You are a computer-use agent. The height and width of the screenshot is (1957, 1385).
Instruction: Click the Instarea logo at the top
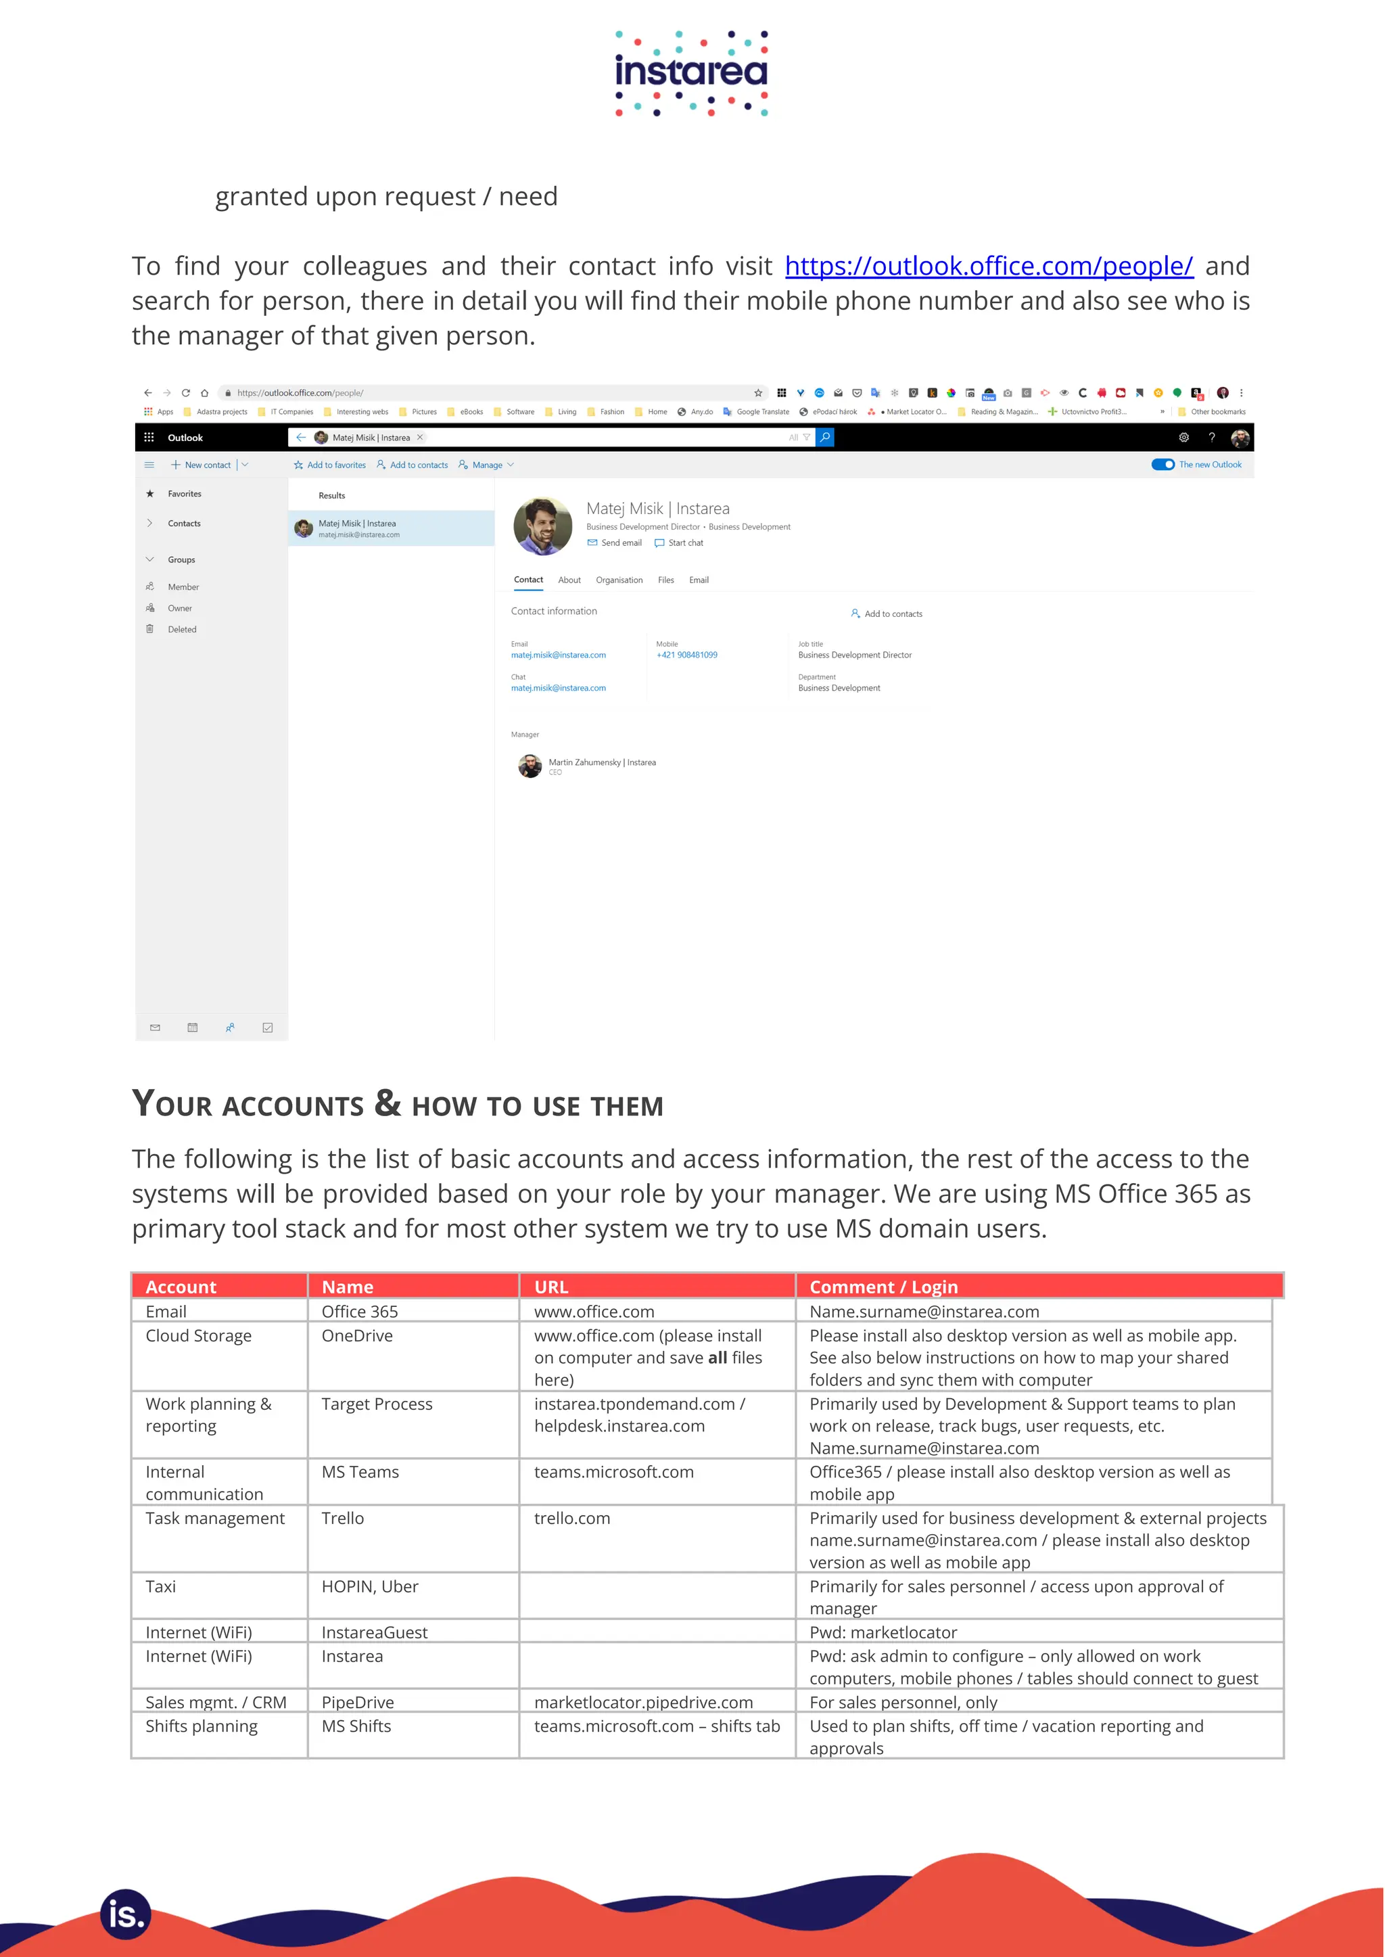click(692, 73)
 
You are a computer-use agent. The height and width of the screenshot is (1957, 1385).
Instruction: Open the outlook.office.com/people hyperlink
click(989, 266)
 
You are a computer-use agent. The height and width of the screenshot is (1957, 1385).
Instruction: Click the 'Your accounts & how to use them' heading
click(398, 1104)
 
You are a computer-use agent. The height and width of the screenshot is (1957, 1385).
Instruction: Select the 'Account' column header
click(181, 1287)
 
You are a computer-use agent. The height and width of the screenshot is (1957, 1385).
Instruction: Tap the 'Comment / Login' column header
click(883, 1287)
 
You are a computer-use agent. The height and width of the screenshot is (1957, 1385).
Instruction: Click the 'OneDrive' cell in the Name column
click(356, 1336)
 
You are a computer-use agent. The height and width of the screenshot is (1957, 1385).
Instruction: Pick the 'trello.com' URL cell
click(571, 1519)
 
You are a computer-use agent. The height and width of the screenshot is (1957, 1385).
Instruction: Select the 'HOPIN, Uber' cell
click(369, 1587)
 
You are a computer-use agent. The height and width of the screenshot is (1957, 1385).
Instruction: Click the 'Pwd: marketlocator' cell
click(883, 1632)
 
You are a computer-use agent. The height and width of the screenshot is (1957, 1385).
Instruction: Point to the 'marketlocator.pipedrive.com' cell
click(643, 1702)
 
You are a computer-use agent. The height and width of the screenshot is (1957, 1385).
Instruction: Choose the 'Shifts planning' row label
click(202, 1726)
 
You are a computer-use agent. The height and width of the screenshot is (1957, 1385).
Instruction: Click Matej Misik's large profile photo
click(542, 526)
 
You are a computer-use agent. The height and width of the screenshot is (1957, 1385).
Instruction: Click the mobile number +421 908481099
click(686, 655)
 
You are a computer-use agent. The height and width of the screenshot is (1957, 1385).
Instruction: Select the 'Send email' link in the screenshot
click(620, 543)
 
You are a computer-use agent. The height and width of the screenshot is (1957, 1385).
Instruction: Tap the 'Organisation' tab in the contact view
click(619, 580)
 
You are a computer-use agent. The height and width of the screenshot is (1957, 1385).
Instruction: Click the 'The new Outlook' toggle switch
click(1163, 465)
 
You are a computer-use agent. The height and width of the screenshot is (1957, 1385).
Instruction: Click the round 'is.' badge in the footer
click(125, 1914)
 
